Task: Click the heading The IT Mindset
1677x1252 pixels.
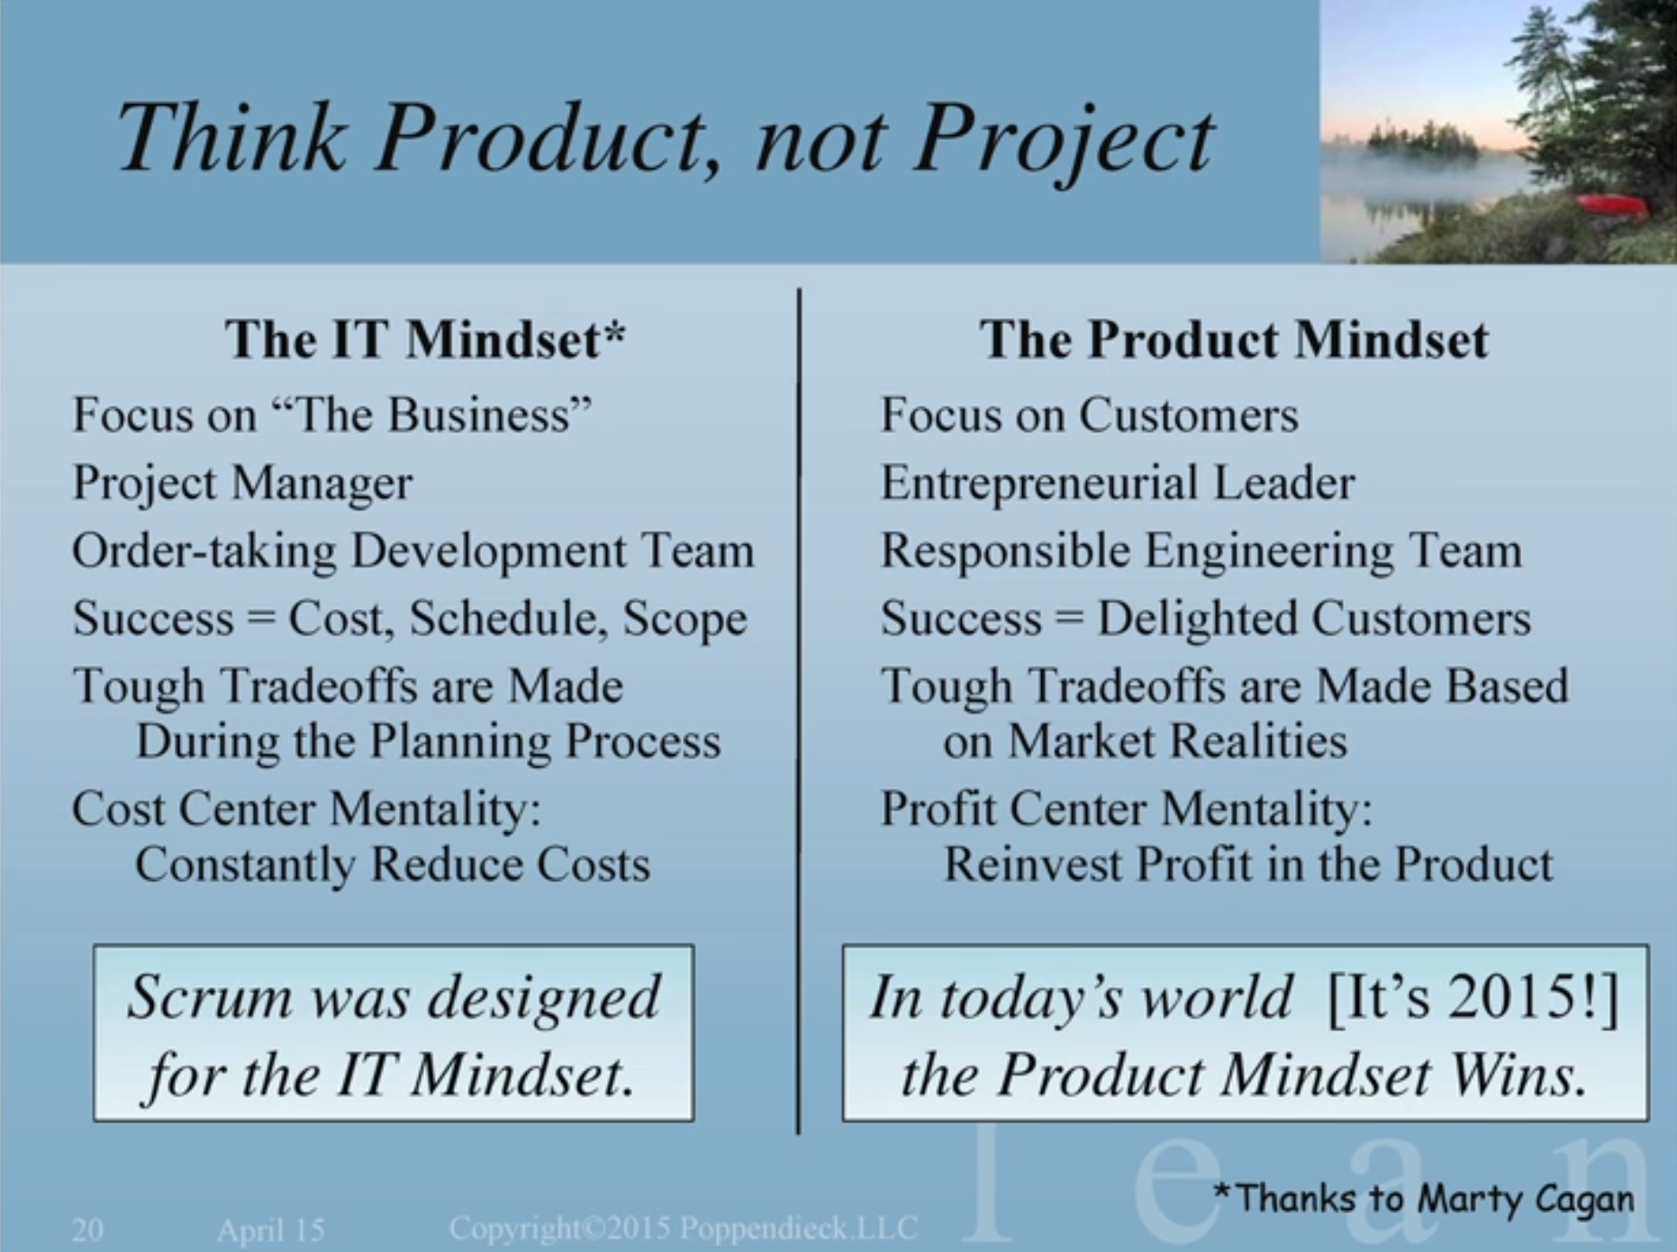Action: [425, 340]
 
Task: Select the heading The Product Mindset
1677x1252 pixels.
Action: [1234, 340]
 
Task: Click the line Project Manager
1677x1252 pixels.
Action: [242, 484]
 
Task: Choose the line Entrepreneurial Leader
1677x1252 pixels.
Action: [1117, 484]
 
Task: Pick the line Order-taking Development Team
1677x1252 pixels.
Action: [413, 551]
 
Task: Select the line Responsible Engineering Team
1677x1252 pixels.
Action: [1201, 551]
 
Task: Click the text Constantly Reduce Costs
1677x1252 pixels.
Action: [393, 865]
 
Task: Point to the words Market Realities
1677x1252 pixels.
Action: [1177, 741]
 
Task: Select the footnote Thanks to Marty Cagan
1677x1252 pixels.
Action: [1424, 1199]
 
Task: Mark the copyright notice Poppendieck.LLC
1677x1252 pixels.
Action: [798, 1228]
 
